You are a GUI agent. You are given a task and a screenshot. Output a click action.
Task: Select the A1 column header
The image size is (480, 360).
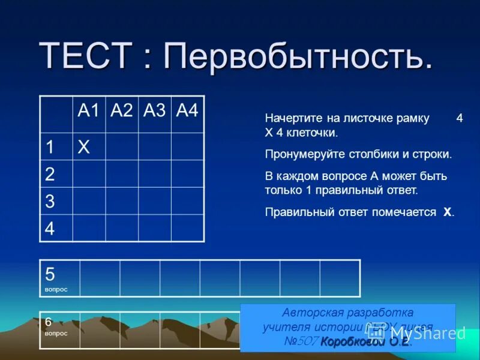(x=88, y=111)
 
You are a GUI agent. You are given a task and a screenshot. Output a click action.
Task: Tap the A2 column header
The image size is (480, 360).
(x=122, y=111)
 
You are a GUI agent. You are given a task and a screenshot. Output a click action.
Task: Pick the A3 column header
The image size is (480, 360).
(x=155, y=111)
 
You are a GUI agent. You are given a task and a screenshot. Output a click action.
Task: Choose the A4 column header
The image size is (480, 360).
(x=187, y=111)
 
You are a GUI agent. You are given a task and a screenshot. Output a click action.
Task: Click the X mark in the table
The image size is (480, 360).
(x=83, y=147)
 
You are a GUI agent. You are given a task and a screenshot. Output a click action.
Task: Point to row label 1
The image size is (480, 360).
(x=50, y=147)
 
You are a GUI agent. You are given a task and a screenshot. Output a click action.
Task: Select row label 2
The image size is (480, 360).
(x=50, y=175)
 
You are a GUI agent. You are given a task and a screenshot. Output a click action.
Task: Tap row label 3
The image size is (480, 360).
(x=50, y=202)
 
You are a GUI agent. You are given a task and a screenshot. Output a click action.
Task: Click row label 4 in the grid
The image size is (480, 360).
(x=50, y=229)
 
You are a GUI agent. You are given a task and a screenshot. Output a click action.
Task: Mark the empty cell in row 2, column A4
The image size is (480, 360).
(x=187, y=175)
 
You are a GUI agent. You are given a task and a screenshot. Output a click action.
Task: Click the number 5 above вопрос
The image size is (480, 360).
(x=50, y=274)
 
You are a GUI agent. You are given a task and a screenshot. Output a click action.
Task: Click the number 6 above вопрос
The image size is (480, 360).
(x=49, y=322)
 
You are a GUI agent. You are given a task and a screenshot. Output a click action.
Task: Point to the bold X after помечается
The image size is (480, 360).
(x=447, y=212)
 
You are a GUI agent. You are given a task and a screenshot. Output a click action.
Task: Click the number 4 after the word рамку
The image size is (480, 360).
(x=459, y=118)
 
